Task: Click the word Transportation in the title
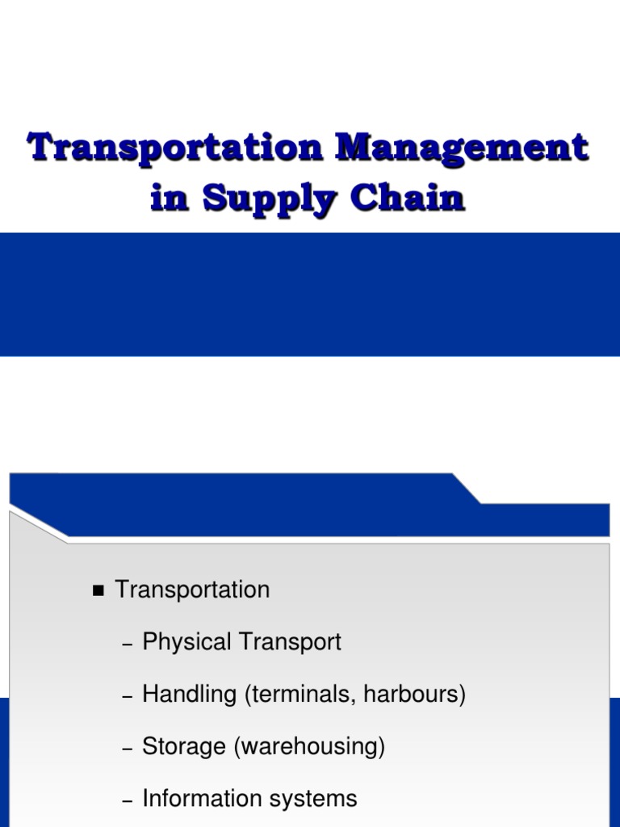coord(174,148)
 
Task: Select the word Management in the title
coord(463,148)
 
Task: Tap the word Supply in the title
coord(264,199)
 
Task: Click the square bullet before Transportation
coord(99,591)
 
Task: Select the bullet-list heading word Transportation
coord(192,590)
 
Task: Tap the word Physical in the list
coord(186,643)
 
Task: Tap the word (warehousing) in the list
coord(309,747)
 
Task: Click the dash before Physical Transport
coord(126,644)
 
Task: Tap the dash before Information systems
coord(126,801)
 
